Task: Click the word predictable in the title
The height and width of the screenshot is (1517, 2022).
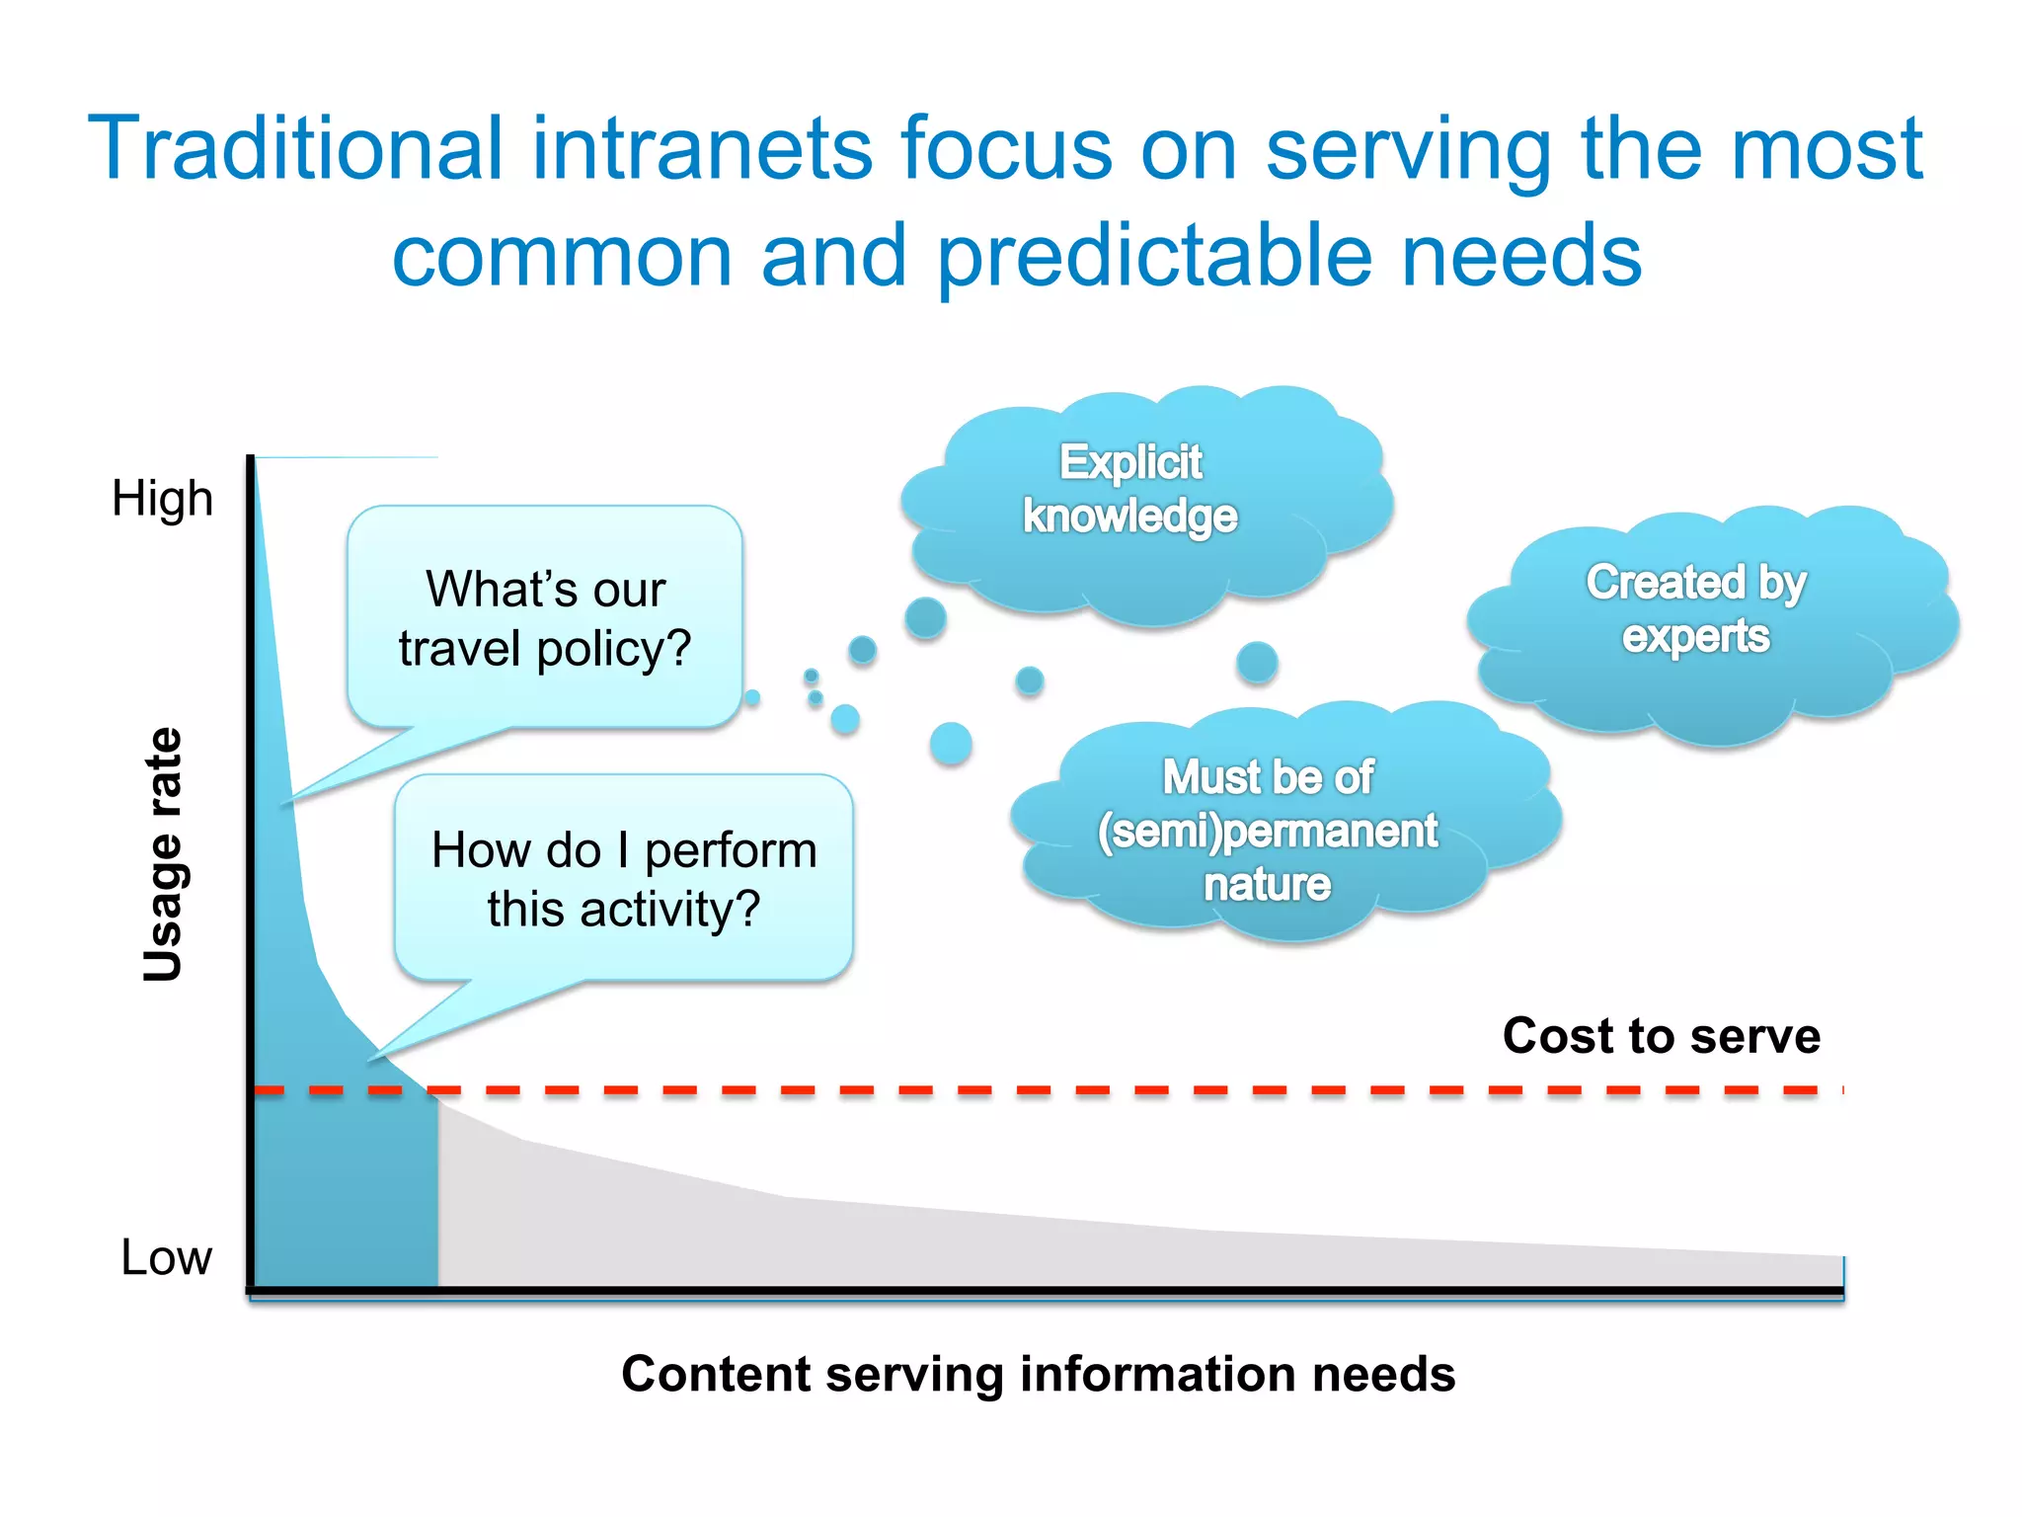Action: (x=1153, y=256)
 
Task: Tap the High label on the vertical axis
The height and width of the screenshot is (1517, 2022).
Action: (x=162, y=498)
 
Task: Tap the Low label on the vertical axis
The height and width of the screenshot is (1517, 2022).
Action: (x=166, y=1257)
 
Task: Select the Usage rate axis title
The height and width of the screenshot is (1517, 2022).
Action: (x=163, y=855)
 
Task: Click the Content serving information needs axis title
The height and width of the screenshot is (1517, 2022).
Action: (x=1038, y=1374)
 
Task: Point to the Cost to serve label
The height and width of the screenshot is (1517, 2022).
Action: (x=1661, y=1036)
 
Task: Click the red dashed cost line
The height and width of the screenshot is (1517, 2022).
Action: (x=987, y=1090)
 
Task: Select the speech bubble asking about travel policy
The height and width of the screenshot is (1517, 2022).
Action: (x=545, y=617)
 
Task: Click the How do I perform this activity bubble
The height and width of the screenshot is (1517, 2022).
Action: (x=624, y=878)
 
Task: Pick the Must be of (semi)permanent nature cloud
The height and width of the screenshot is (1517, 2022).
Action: (x=1274, y=825)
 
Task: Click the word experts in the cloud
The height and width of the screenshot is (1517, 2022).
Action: (x=1695, y=636)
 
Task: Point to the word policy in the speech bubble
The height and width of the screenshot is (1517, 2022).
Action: (x=613, y=649)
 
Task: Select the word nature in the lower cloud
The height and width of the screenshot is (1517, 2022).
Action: (x=1267, y=884)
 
